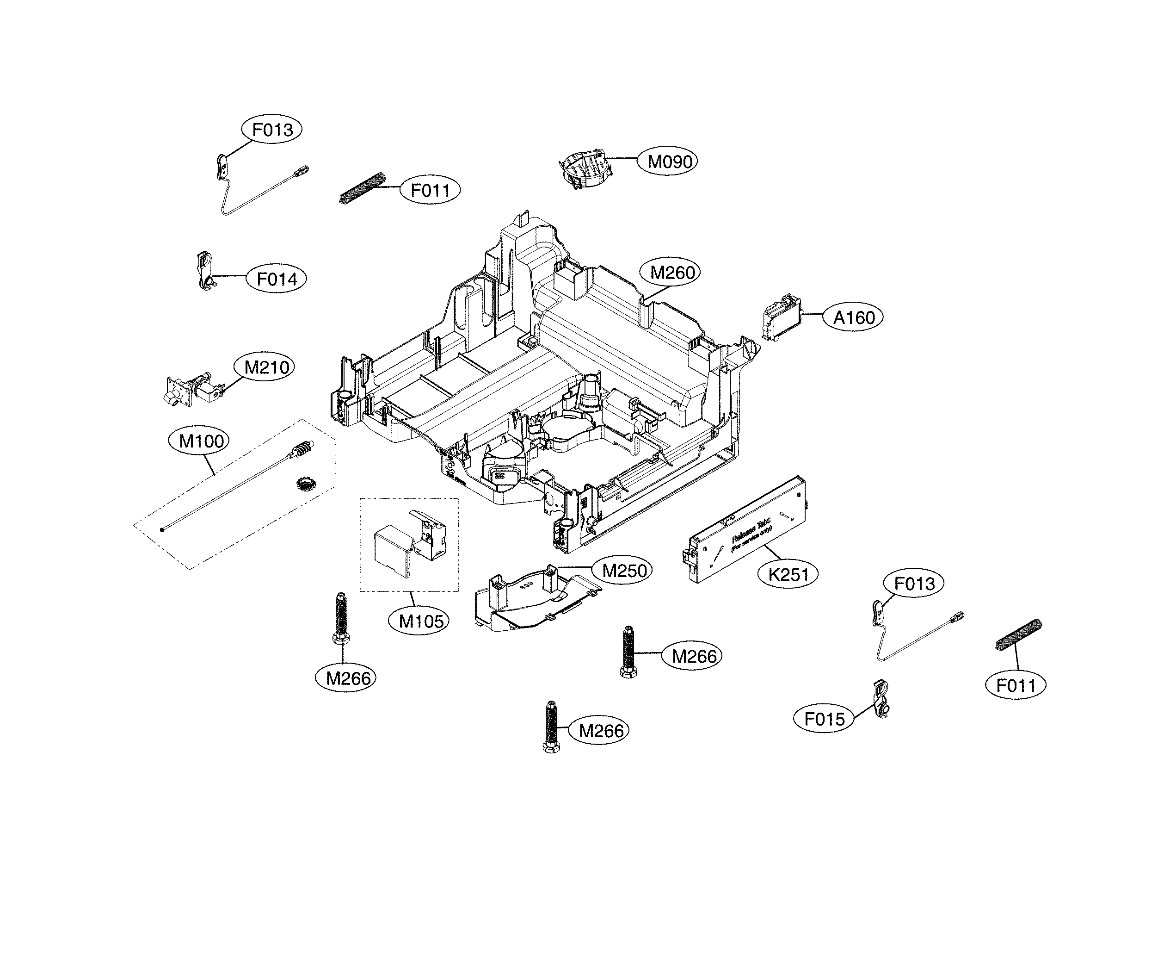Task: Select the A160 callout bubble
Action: pyautogui.click(x=854, y=317)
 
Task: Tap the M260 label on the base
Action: pyautogui.click(x=671, y=272)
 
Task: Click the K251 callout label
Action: pyautogui.click(x=788, y=574)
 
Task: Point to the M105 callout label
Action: pyautogui.click(x=421, y=621)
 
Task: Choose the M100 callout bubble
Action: pyautogui.click(x=202, y=441)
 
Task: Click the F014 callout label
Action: pyautogui.click(x=277, y=279)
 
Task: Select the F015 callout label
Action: pyautogui.click(x=824, y=719)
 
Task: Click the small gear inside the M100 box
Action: pyautogui.click(x=304, y=484)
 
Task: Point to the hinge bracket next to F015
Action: pyautogui.click(x=881, y=698)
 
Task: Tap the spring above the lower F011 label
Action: pyautogui.click(x=1018, y=635)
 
